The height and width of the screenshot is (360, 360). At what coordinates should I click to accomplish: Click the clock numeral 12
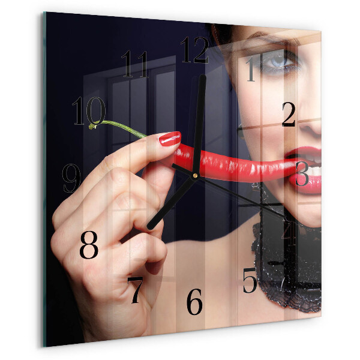(x=195, y=50)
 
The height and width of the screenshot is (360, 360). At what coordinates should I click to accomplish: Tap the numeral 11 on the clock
(x=135, y=64)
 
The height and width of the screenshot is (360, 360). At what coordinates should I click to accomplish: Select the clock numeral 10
(x=89, y=111)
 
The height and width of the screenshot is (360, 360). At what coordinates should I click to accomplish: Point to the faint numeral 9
(x=71, y=178)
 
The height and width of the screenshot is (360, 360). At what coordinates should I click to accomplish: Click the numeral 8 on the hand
(x=89, y=245)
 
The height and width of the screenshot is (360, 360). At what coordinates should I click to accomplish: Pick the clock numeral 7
(x=135, y=290)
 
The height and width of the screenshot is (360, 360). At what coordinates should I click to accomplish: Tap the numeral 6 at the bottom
(x=194, y=302)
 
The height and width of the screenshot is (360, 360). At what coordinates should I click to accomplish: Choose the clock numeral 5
(x=250, y=280)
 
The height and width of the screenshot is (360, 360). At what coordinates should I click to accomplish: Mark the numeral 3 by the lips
(x=302, y=174)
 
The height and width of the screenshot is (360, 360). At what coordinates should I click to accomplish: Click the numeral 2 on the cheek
(x=289, y=115)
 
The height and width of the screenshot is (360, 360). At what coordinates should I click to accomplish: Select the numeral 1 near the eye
(x=251, y=69)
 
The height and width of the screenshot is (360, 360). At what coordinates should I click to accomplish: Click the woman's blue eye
(x=278, y=61)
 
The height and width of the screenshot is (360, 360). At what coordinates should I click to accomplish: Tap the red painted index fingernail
(x=170, y=139)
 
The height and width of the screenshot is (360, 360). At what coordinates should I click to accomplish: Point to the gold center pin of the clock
(x=195, y=176)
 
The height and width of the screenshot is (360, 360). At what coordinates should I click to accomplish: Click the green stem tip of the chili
(x=92, y=126)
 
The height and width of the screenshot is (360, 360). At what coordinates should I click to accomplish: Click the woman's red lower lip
(x=305, y=181)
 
